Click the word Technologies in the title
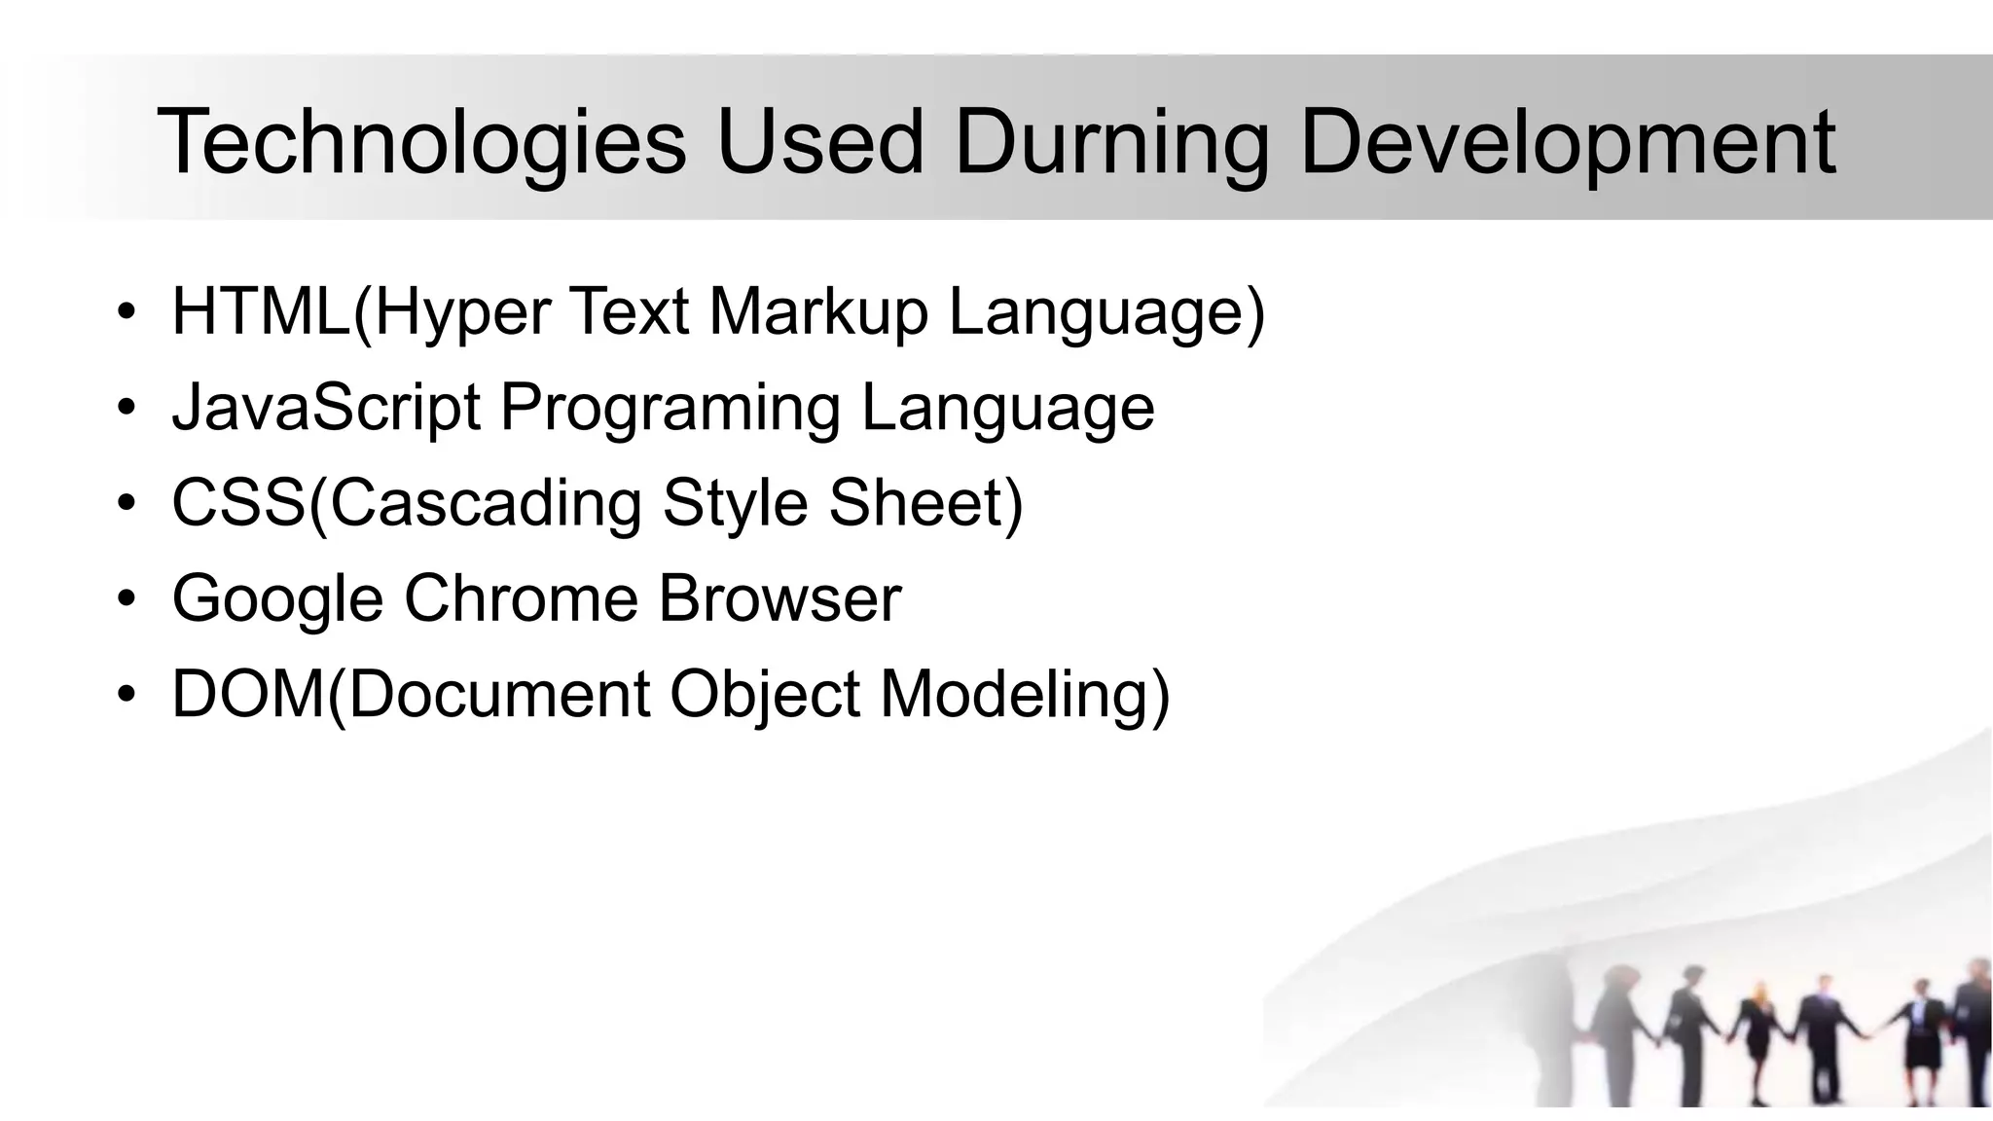tap(421, 143)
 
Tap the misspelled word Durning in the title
tap(1111, 143)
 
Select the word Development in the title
tap(1567, 143)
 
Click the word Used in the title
tap(819, 143)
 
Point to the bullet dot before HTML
tap(126, 312)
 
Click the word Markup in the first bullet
tap(817, 312)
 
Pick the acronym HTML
tap(261, 312)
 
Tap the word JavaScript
tap(326, 408)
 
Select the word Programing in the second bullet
tap(670, 408)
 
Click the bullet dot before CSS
tap(126, 504)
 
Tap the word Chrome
tap(521, 599)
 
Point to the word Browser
tap(779, 599)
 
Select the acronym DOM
tap(248, 695)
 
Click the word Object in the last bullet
tap(765, 695)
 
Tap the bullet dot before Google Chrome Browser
tap(126, 599)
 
